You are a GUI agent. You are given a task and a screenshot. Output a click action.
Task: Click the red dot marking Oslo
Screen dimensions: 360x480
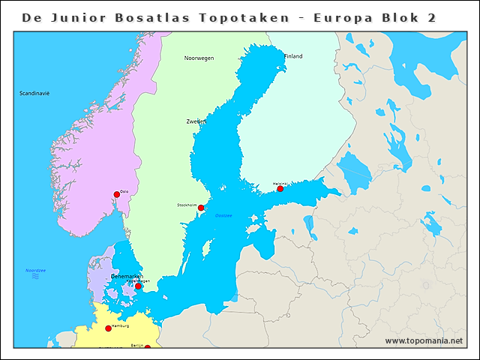pos(117,195)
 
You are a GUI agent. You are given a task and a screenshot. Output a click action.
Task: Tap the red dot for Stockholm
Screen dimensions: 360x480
pos(201,208)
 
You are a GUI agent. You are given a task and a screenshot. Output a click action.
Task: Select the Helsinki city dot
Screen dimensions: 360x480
pos(280,189)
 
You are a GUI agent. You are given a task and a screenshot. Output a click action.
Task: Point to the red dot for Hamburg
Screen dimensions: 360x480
pos(108,328)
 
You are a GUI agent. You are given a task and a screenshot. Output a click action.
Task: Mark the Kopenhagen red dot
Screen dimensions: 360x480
pos(138,286)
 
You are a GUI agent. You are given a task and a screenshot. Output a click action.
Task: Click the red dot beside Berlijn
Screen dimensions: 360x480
pos(147,347)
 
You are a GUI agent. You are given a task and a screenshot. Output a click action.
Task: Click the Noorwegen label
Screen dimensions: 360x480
pos(199,58)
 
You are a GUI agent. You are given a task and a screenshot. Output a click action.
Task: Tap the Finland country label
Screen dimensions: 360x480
pos(293,56)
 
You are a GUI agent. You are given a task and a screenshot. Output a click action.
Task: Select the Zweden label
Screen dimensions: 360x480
pos(196,121)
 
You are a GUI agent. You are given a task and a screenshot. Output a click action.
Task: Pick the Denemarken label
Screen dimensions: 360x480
pos(126,276)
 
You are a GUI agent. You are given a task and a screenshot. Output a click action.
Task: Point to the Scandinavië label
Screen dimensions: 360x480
pos(34,93)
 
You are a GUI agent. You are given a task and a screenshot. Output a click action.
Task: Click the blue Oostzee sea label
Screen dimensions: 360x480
pos(223,215)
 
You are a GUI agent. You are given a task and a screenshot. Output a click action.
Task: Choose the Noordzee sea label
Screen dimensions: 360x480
pos(36,270)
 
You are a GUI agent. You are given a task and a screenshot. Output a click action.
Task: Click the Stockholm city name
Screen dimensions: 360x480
pos(187,205)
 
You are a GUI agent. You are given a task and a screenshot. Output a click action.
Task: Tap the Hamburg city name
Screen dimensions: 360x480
pos(120,326)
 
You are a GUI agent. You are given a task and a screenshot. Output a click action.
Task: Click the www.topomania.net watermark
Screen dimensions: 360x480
pos(424,341)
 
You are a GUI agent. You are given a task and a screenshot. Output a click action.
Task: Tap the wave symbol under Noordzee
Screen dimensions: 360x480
pos(35,277)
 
